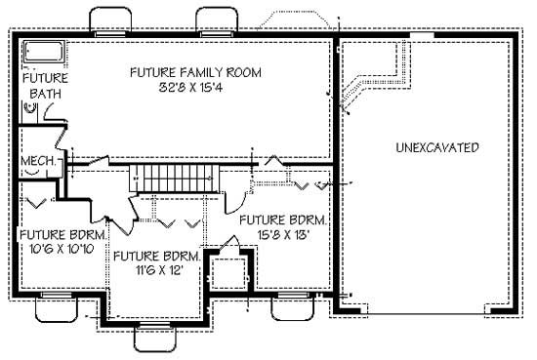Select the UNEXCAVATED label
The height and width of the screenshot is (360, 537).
pos(436,148)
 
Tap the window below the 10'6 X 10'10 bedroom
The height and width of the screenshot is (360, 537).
pos(57,307)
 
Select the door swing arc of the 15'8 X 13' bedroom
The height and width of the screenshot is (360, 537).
pos(235,201)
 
